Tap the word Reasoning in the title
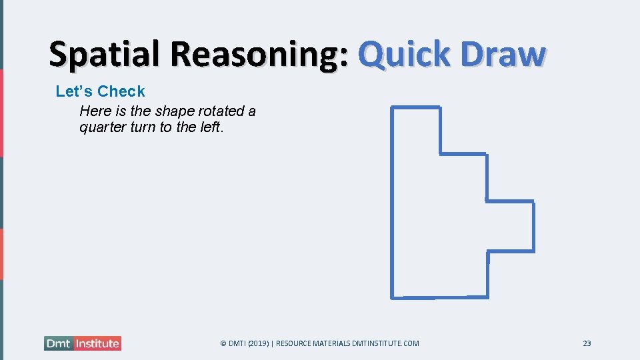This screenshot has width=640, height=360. [x=251, y=55]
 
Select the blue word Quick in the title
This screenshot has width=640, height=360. [x=404, y=55]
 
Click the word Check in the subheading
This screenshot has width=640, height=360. [x=121, y=91]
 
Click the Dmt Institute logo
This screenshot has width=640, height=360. [x=83, y=343]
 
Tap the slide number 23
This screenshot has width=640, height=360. [x=587, y=343]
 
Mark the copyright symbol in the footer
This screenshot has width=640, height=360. [x=223, y=343]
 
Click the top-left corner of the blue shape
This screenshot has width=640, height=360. [x=392, y=107]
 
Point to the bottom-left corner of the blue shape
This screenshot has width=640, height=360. [x=392, y=297]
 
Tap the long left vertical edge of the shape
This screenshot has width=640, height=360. [x=392, y=200]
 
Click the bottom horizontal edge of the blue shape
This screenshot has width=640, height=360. [x=440, y=297]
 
